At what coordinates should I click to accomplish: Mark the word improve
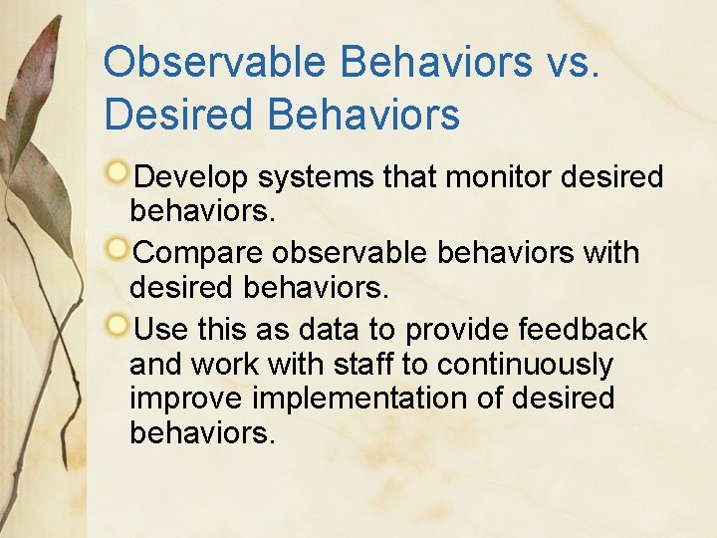[186, 399]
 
